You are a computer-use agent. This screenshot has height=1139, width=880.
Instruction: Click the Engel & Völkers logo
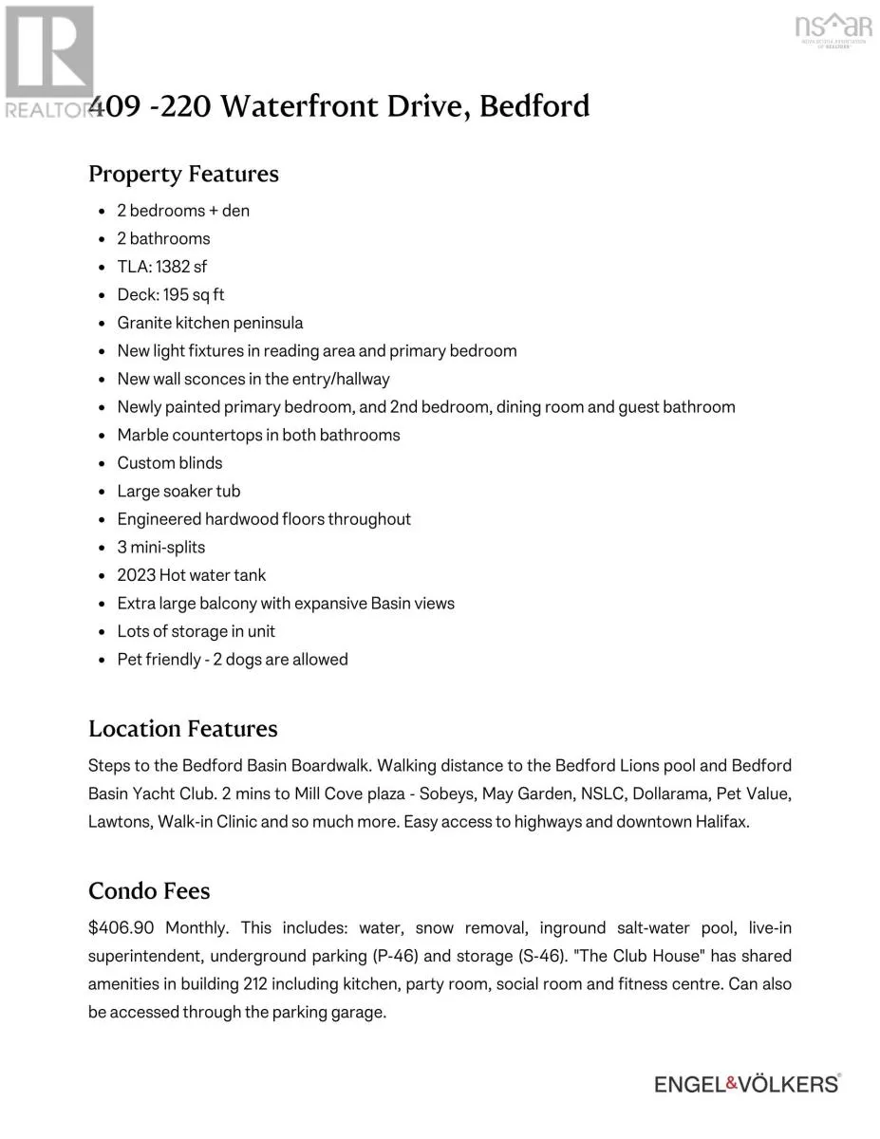tap(747, 1083)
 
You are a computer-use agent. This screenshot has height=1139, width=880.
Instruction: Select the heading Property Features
tap(183, 174)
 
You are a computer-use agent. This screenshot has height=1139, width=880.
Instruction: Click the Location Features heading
tap(183, 729)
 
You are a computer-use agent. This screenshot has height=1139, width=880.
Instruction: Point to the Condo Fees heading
tap(149, 891)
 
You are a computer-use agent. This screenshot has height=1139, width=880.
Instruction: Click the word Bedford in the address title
tap(534, 105)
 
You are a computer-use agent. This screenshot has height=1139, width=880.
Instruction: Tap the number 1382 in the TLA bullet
tap(173, 267)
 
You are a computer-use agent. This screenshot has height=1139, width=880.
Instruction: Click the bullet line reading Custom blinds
tap(170, 463)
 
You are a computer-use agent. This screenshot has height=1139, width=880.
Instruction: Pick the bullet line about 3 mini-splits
tap(161, 548)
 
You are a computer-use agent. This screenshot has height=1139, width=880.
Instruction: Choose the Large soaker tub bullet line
tap(178, 492)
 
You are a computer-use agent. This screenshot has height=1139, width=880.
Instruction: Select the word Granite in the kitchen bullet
tap(143, 323)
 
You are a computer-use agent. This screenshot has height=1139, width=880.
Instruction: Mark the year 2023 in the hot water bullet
tap(136, 575)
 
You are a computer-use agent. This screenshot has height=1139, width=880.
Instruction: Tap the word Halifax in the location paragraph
tap(721, 822)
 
